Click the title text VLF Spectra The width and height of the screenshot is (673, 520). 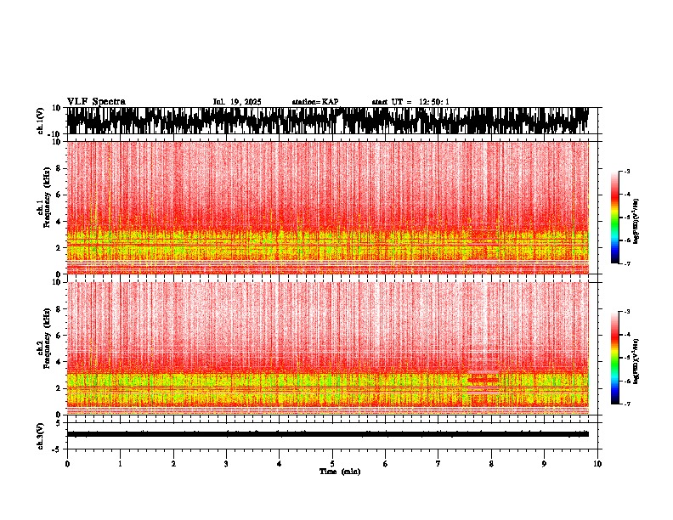click(x=96, y=102)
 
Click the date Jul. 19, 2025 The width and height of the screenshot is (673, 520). click(x=237, y=102)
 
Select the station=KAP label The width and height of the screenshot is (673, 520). click(x=314, y=102)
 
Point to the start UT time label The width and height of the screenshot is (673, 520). click(x=410, y=102)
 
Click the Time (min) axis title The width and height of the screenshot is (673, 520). click(x=339, y=471)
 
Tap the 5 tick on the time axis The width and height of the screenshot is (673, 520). click(x=332, y=464)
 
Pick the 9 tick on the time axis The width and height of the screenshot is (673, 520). click(x=545, y=464)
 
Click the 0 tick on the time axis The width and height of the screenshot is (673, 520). click(x=67, y=464)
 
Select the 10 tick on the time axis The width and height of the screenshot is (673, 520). click(x=597, y=464)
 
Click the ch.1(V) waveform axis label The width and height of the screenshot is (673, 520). click(x=40, y=121)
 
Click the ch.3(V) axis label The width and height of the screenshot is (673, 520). click(x=40, y=434)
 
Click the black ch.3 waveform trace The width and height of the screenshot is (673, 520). click(x=332, y=434)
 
